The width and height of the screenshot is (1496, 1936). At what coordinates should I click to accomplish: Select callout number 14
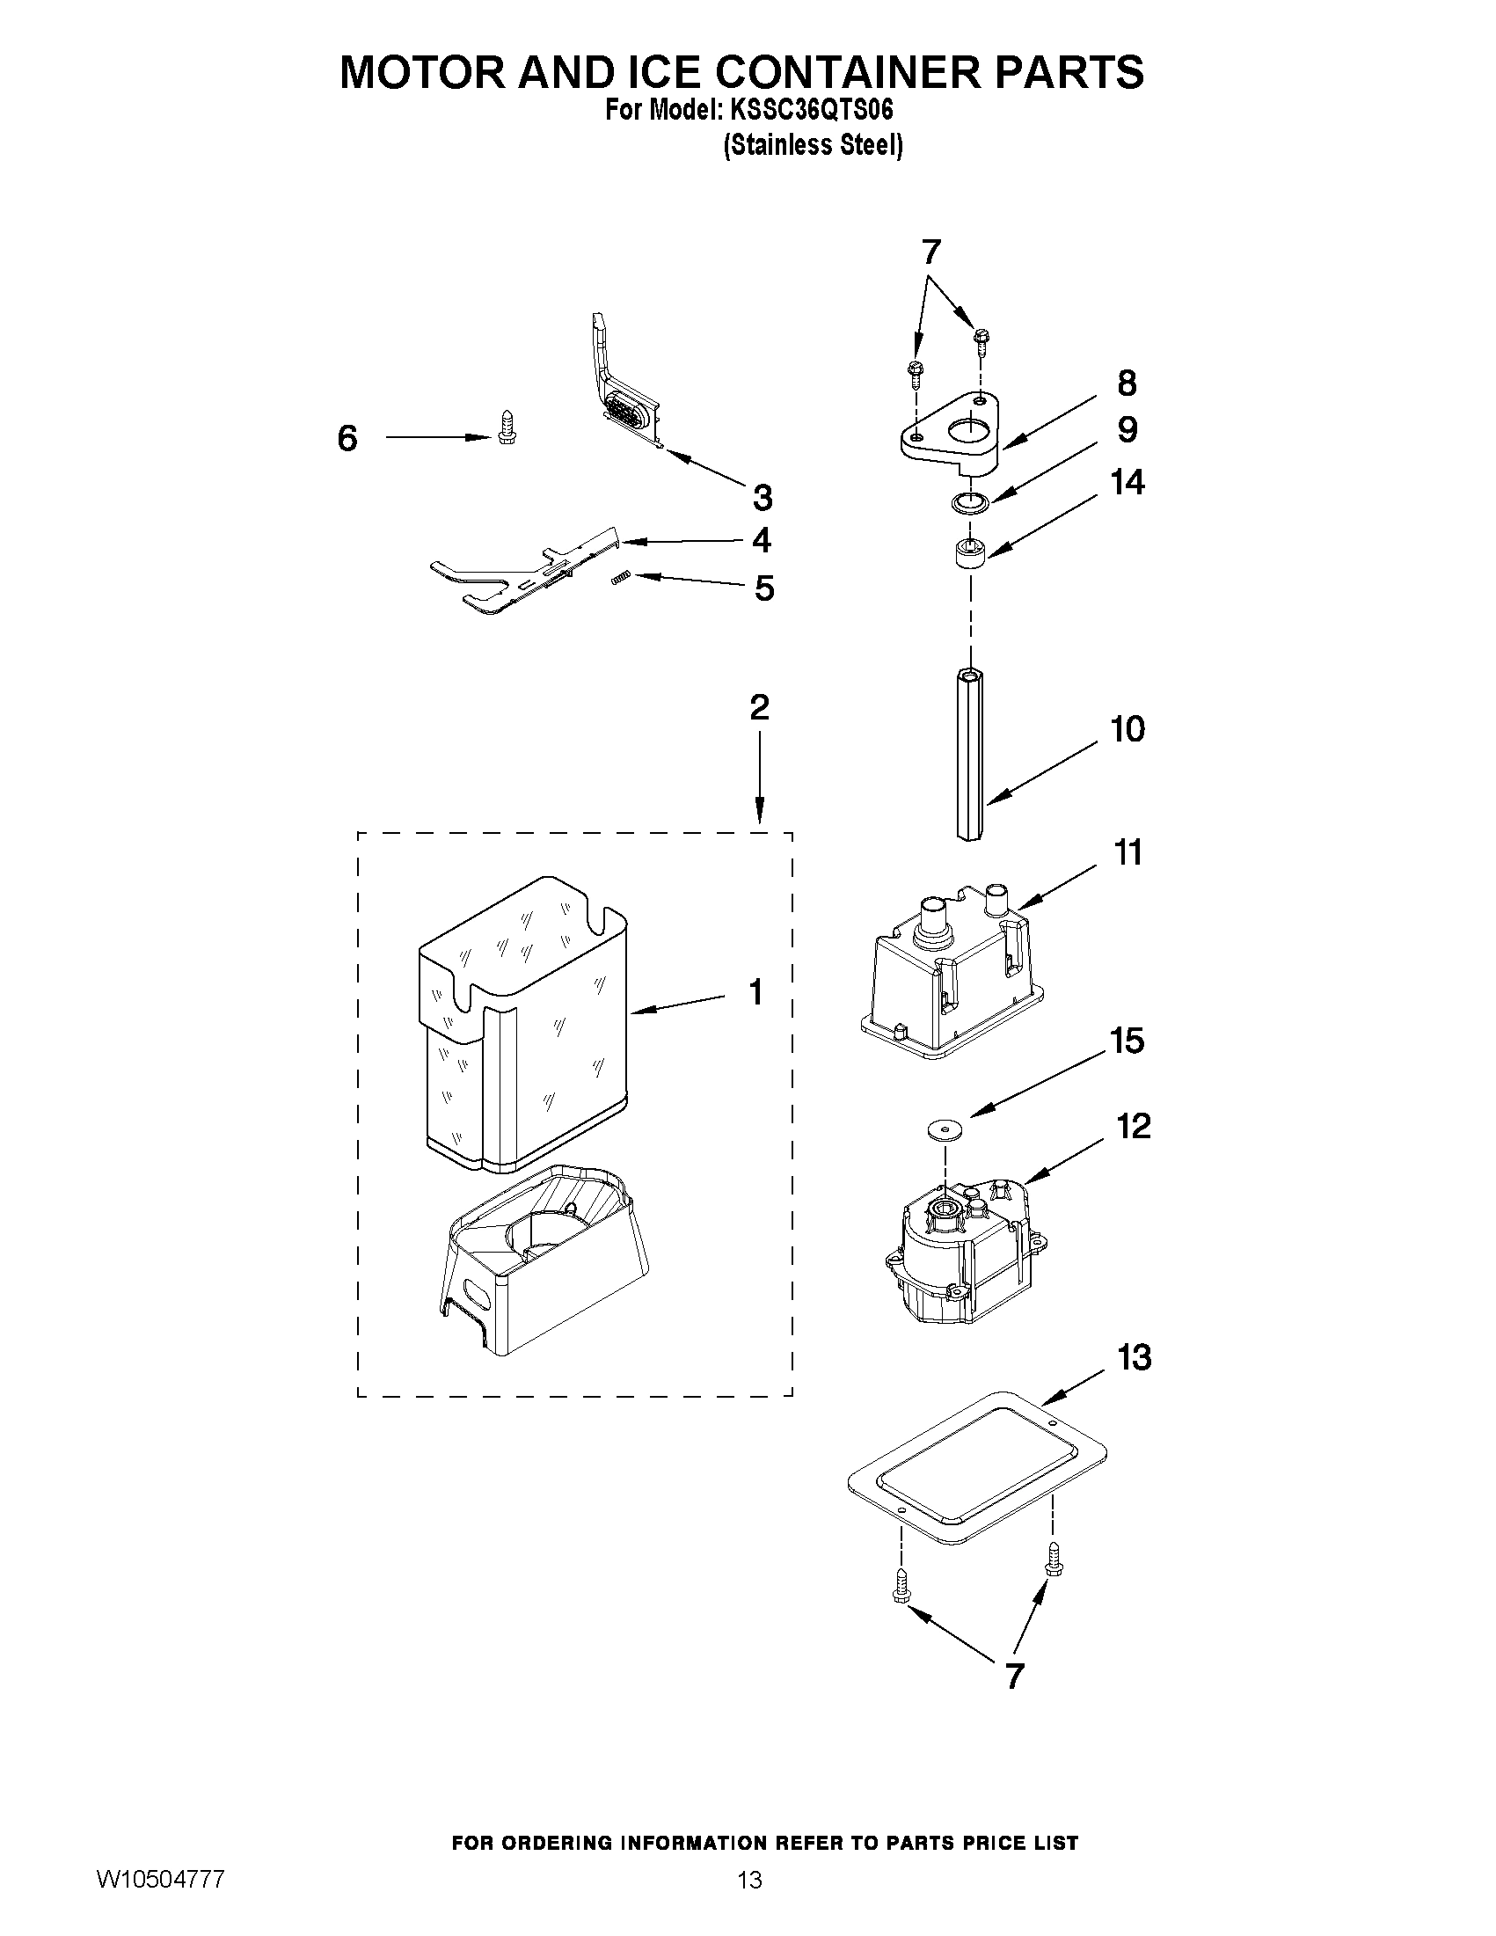click(1127, 483)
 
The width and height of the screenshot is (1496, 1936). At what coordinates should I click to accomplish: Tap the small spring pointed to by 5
click(621, 578)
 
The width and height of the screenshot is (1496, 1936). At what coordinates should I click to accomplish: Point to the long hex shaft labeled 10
click(970, 754)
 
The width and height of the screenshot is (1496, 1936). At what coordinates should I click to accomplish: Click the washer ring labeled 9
click(969, 504)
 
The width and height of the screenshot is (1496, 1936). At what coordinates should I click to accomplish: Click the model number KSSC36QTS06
click(809, 111)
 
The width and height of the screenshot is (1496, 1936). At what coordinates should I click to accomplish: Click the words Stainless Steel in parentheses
click(813, 145)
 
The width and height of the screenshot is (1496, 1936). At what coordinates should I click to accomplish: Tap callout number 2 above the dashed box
click(760, 707)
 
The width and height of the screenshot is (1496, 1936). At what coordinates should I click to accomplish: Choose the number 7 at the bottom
click(1014, 1676)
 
